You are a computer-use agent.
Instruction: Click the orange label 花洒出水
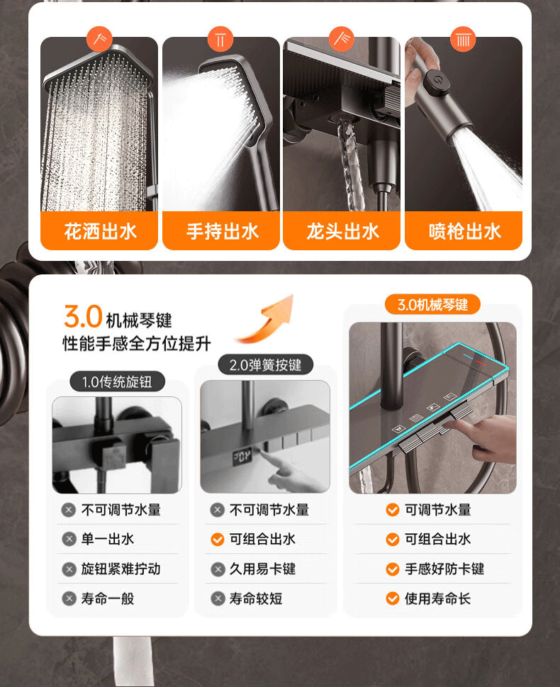pyautogui.click(x=99, y=231)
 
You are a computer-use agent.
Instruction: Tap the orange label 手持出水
pyautogui.click(x=221, y=231)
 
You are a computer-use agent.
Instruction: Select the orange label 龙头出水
pyautogui.click(x=342, y=231)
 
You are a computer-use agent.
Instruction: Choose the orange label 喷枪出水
pyautogui.click(x=464, y=231)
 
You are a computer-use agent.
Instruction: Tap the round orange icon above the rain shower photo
pyautogui.click(x=99, y=38)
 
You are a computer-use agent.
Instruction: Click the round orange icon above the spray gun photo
pyautogui.click(x=463, y=40)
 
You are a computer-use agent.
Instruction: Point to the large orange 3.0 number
pyautogui.click(x=83, y=316)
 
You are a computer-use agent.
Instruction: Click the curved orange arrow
pyautogui.click(x=267, y=320)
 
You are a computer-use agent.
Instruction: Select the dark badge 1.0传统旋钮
pyautogui.click(x=118, y=381)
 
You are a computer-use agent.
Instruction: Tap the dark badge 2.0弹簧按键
pyautogui.click(x=266, y=364)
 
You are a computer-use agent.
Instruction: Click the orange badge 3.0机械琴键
pyautogui.click(x=432, y=304)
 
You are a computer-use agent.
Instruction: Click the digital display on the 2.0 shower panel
pyautogui.click(x=242, y=457)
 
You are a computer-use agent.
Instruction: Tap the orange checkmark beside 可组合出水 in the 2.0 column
pyautogui.click(x=218, y=539)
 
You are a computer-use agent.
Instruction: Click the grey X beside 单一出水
pyautogui.click(x=69, y=539)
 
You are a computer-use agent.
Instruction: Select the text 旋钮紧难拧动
pyautogui.click(x=121, y=569)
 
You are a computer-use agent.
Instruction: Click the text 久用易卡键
pyautogui.click(x=262, y=569)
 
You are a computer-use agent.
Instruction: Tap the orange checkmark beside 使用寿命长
pyautogui.click(x=393, y=598)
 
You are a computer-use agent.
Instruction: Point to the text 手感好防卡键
pyautogui.click(x=444, y=569)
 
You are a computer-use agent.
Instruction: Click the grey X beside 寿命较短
pyautogui.click(x=218, y=598)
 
